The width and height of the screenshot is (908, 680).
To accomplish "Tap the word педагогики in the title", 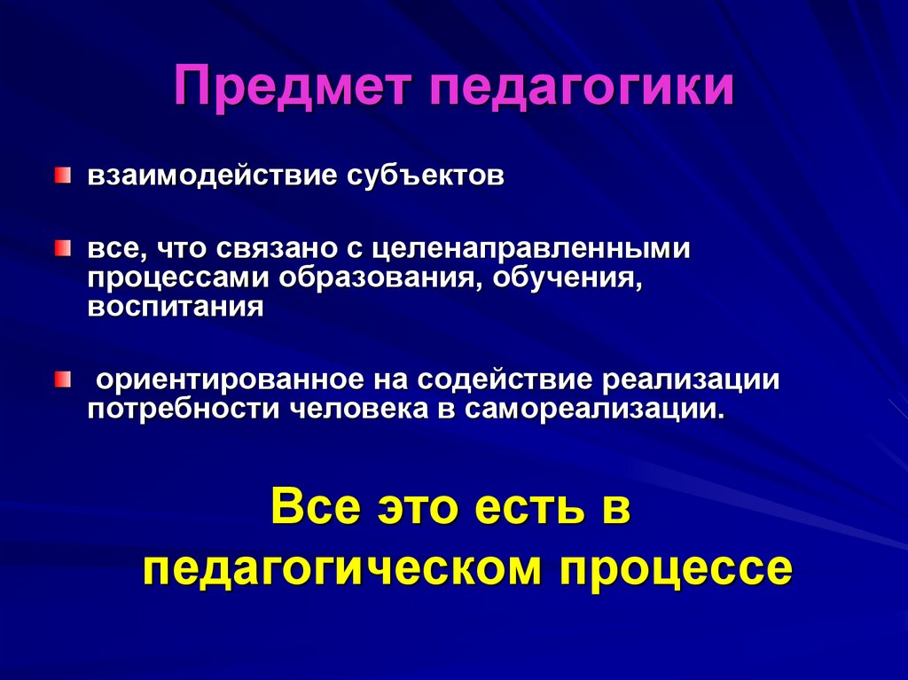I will click(583, 90).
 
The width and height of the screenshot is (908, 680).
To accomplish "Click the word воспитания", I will click(176, 308).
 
